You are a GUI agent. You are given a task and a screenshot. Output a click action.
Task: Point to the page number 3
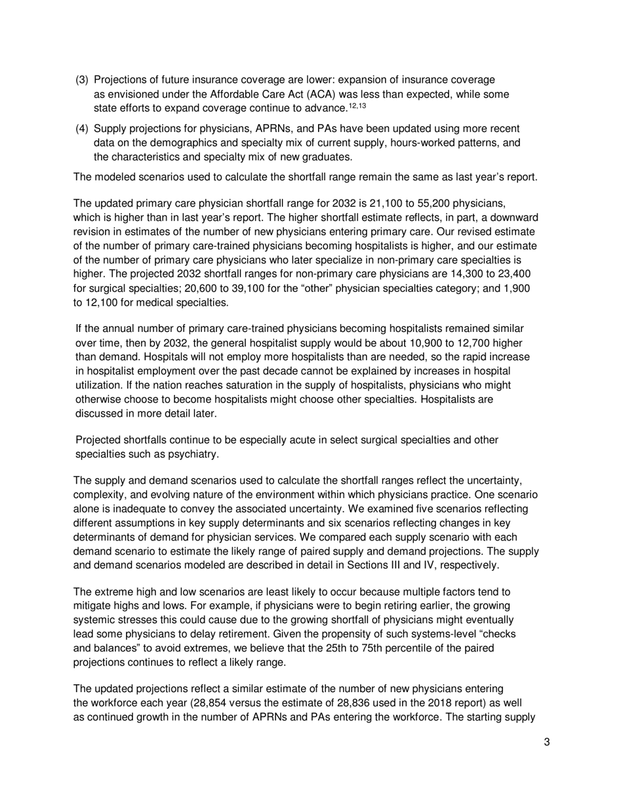tap(546, 742)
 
